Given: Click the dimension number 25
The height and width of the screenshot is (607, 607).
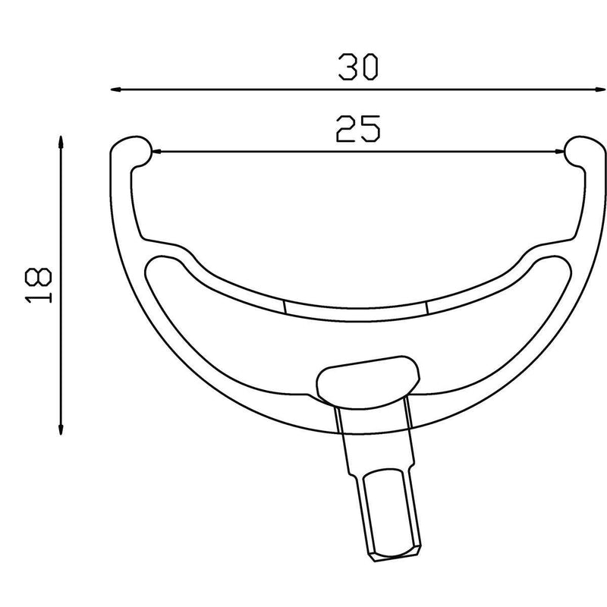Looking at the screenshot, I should coord(357,130).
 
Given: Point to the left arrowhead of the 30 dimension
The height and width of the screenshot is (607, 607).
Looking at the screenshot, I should coord(116,90).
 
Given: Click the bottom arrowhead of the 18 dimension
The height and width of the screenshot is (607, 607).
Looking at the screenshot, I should coord(60,429).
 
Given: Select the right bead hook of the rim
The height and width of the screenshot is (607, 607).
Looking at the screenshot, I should coord(583,149).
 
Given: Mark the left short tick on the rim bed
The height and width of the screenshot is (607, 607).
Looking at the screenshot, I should coord(284,306).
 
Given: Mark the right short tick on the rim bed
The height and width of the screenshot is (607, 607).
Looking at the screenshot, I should coord(427,306).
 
